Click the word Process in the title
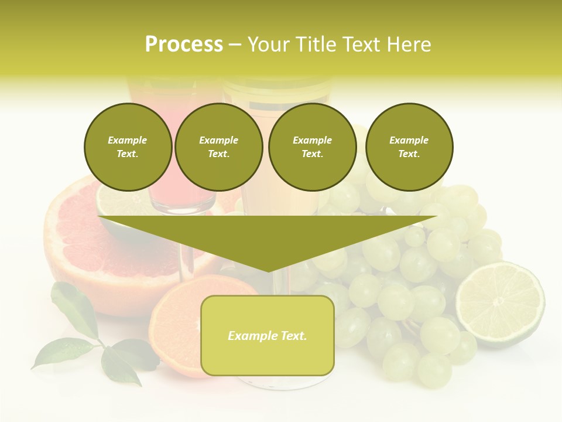coord(184,45)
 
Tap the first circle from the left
coord(128,147)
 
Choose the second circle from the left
coord(218,147)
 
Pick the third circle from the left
coord(312,147)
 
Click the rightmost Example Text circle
coord(409,147)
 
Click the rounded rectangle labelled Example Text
coord(267,335)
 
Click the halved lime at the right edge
coord(500,304)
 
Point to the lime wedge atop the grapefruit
coord(117,202)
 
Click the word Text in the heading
coord(362,45)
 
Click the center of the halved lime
coord(499,302)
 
